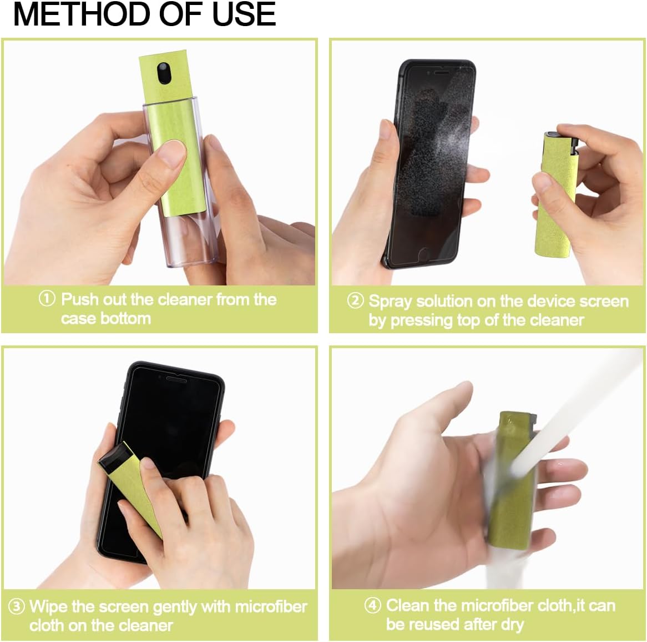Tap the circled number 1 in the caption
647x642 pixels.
coord(47,299)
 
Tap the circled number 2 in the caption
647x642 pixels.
coord(355,301)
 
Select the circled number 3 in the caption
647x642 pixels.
coord(17,606)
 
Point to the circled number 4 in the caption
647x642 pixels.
coord(372,605)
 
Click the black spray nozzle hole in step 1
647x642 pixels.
coord(164,71)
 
